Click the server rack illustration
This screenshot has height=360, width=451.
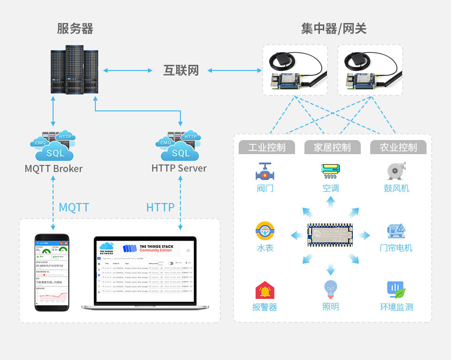click(74, 70)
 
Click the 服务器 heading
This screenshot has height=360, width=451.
click(75, 29)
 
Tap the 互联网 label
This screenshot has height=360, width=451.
click(181, 70)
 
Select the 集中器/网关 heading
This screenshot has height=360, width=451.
click(334, 29)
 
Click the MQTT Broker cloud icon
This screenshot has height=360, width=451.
click(53, 145)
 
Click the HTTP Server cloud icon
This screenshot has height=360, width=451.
click(179, 145)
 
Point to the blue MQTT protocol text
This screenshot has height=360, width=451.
click(74, 207)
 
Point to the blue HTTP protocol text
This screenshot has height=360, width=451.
click(160, 207)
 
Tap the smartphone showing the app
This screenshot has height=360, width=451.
click(52, 272)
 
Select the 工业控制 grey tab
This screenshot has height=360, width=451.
click(266, 147)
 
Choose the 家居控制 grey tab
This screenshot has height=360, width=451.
click(332, 147)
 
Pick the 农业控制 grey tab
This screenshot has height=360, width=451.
click(398, 147)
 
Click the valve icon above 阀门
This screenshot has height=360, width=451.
click(265, 172)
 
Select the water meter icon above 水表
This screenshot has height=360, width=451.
click(265, 231)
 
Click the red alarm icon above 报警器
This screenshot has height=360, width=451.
click(265, 290)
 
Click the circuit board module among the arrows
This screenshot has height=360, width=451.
click(330, 235)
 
